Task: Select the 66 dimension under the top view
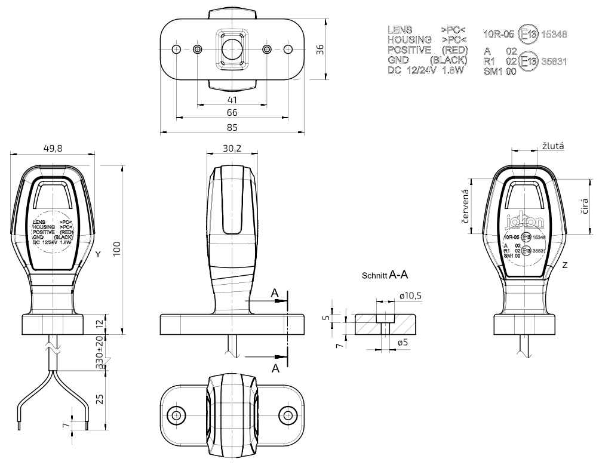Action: (x=232, y=113)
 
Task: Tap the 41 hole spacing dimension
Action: (x=232, y=100)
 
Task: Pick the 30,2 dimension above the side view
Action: (x=232, y=148)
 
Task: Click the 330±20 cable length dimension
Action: (x=102, y=355)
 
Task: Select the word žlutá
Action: (x=553, y=145)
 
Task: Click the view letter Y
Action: (x=97, y=254)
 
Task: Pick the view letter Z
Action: (x=564, y=263)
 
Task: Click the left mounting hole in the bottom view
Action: (x=176, y=414)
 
